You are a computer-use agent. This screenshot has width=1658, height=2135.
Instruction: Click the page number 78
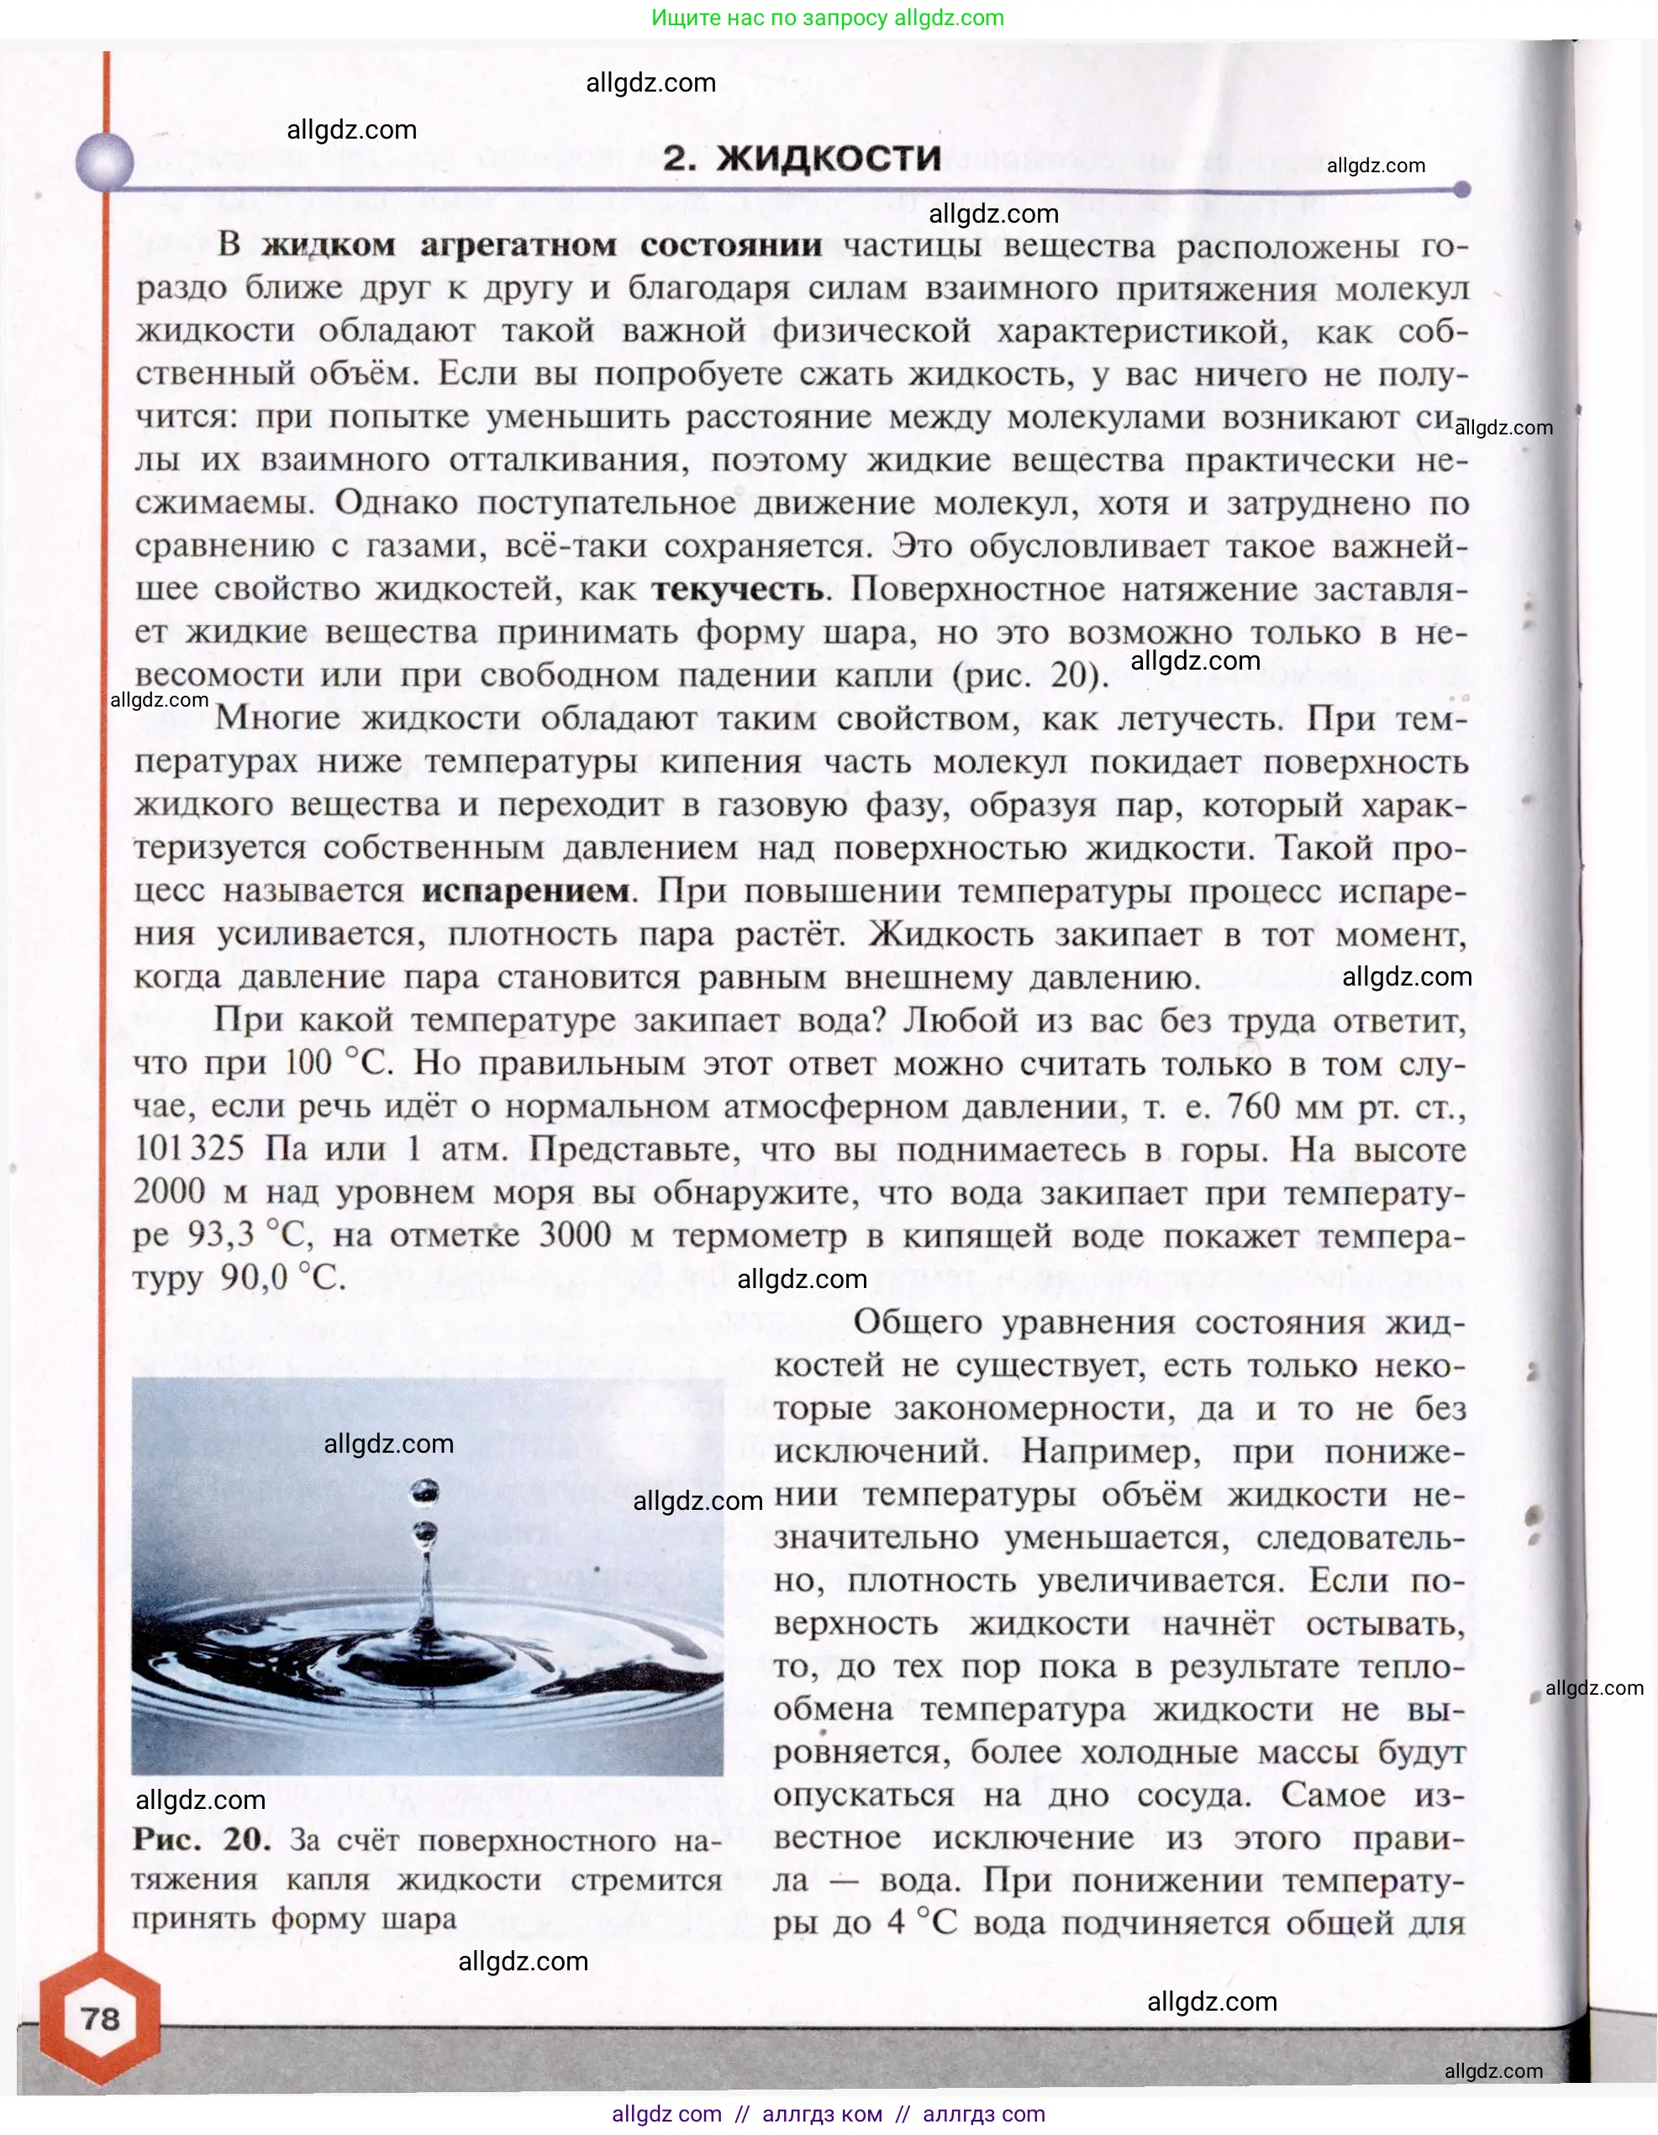[x=100, y=2019]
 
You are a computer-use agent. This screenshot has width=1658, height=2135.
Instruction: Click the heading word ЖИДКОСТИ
[x=829, y=158]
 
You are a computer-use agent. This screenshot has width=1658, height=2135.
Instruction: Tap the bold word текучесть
[x=738, y=590]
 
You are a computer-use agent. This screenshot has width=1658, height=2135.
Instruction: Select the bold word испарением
[x=526, y=891]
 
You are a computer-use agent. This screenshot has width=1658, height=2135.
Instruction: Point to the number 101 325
[x=189, y=1148]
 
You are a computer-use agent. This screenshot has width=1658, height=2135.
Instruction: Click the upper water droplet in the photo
[x=424, y=1491]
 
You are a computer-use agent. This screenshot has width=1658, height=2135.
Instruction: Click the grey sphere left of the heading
[x=104, y=161]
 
